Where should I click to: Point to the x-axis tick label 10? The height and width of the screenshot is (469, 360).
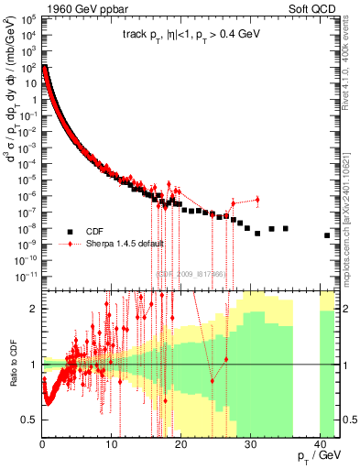point(112,432)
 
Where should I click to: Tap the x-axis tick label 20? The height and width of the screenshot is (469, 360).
point(180,432)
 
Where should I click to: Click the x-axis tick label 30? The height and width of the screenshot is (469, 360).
point(249,432)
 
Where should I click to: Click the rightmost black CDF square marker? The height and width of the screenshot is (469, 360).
point(327,235)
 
